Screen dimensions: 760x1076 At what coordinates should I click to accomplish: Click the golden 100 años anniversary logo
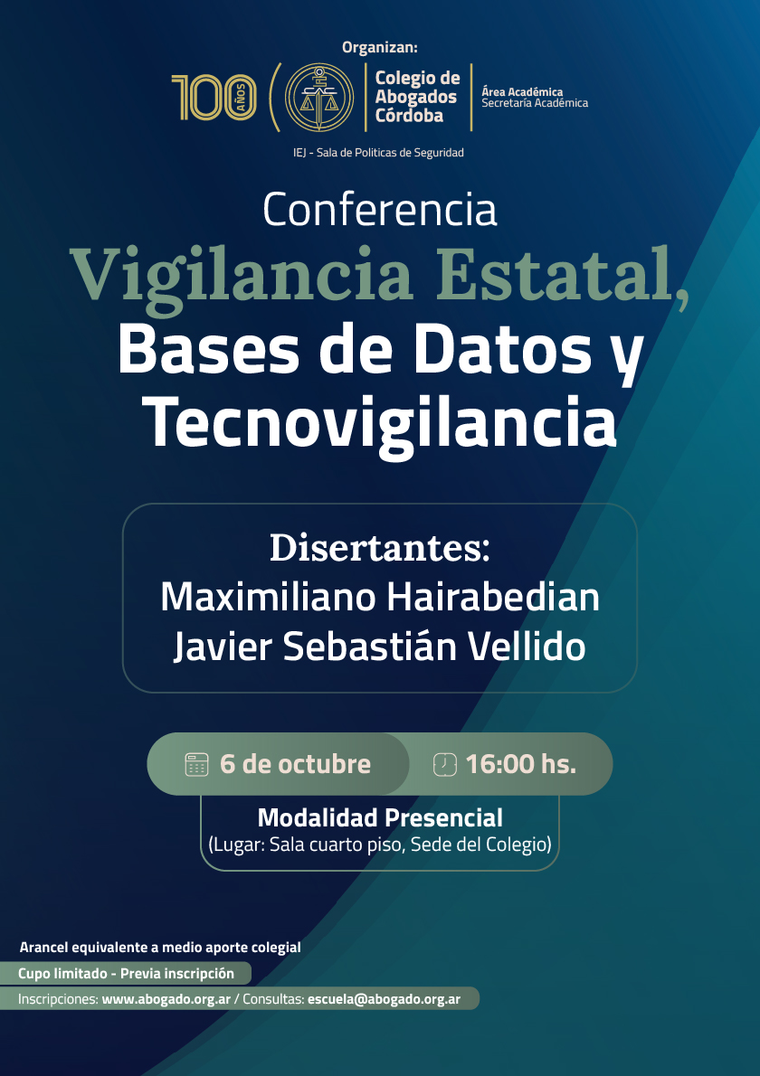pyautogui.click(x=214, y=98)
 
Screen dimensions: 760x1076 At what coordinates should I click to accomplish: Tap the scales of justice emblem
pyautogui.click(x=319, y=98)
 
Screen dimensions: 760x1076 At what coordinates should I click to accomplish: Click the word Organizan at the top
pyautogui.click(x=380, y=47)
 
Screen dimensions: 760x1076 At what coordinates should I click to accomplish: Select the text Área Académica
pyautogui.click(x=522, y=91)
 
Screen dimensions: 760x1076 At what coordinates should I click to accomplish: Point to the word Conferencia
pyautogui.click(x=380, y=209)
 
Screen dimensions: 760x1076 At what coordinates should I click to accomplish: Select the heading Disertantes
pyautogui.click(x=380, y=548)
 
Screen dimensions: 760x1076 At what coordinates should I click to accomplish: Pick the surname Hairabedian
pyautogui.click(x=492, y=597)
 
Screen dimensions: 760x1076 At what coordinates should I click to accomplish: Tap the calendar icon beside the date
pyautogui.click(x=196, y=764)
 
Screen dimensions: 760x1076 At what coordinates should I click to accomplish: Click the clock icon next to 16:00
pyautogui.click(x=445, y=764)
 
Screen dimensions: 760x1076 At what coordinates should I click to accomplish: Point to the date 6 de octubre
pyautogui.click(x=295, y=764)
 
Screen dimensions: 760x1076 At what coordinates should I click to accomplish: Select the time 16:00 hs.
pyautogui.click(x=521, y=764)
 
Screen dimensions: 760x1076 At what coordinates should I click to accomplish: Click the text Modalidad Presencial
pyautogui.click(x=380, y=818)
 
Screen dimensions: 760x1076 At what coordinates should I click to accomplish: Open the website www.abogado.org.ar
pyautogui.click(x=166, y=999)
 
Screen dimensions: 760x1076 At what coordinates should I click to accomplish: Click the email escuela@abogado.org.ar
pyautogui.click(x=384, y=999)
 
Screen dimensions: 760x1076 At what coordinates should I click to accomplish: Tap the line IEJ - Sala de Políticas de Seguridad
pyautogui.click(x=378, y=152)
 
